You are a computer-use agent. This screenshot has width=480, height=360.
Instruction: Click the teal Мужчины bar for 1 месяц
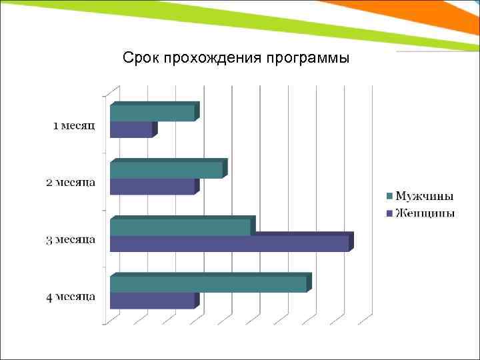(x=153, y=113)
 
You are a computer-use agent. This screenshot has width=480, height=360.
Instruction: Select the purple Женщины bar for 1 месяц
(x=131, y=129)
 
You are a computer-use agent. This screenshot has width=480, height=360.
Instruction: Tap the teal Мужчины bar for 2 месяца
(x=167, y=170)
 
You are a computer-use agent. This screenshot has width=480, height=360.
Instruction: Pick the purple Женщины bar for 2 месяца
(x=152, y=186)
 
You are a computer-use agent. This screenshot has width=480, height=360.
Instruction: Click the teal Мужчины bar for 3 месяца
(x=181, y=227)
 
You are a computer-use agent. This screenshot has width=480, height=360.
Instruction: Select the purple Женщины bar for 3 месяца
(x=229, y=243)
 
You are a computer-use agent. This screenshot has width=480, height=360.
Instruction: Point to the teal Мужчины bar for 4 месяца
(x=209, y=284)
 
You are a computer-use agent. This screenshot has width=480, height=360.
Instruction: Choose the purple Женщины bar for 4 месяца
(x=152, y=300)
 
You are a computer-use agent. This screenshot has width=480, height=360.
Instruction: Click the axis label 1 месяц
(x=74, y=126)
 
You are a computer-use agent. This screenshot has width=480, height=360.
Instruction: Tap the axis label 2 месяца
(x=70, y=183)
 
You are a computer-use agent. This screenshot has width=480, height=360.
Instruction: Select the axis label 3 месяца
(x=70, y=240)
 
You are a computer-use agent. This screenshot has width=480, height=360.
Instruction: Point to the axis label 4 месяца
(x=70, y=297)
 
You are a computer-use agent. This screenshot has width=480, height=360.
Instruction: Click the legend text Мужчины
(x=425, y=196)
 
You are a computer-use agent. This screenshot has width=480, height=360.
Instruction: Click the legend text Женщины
(x=425, y=213)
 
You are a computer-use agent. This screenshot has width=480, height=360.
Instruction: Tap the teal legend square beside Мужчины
(x=389, y=196)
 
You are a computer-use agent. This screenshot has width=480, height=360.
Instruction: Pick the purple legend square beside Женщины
(x=389, y=213)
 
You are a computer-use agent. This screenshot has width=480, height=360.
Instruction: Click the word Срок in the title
(x=139, y=58)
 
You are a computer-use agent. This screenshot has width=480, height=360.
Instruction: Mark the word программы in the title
(x=307, y=58)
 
